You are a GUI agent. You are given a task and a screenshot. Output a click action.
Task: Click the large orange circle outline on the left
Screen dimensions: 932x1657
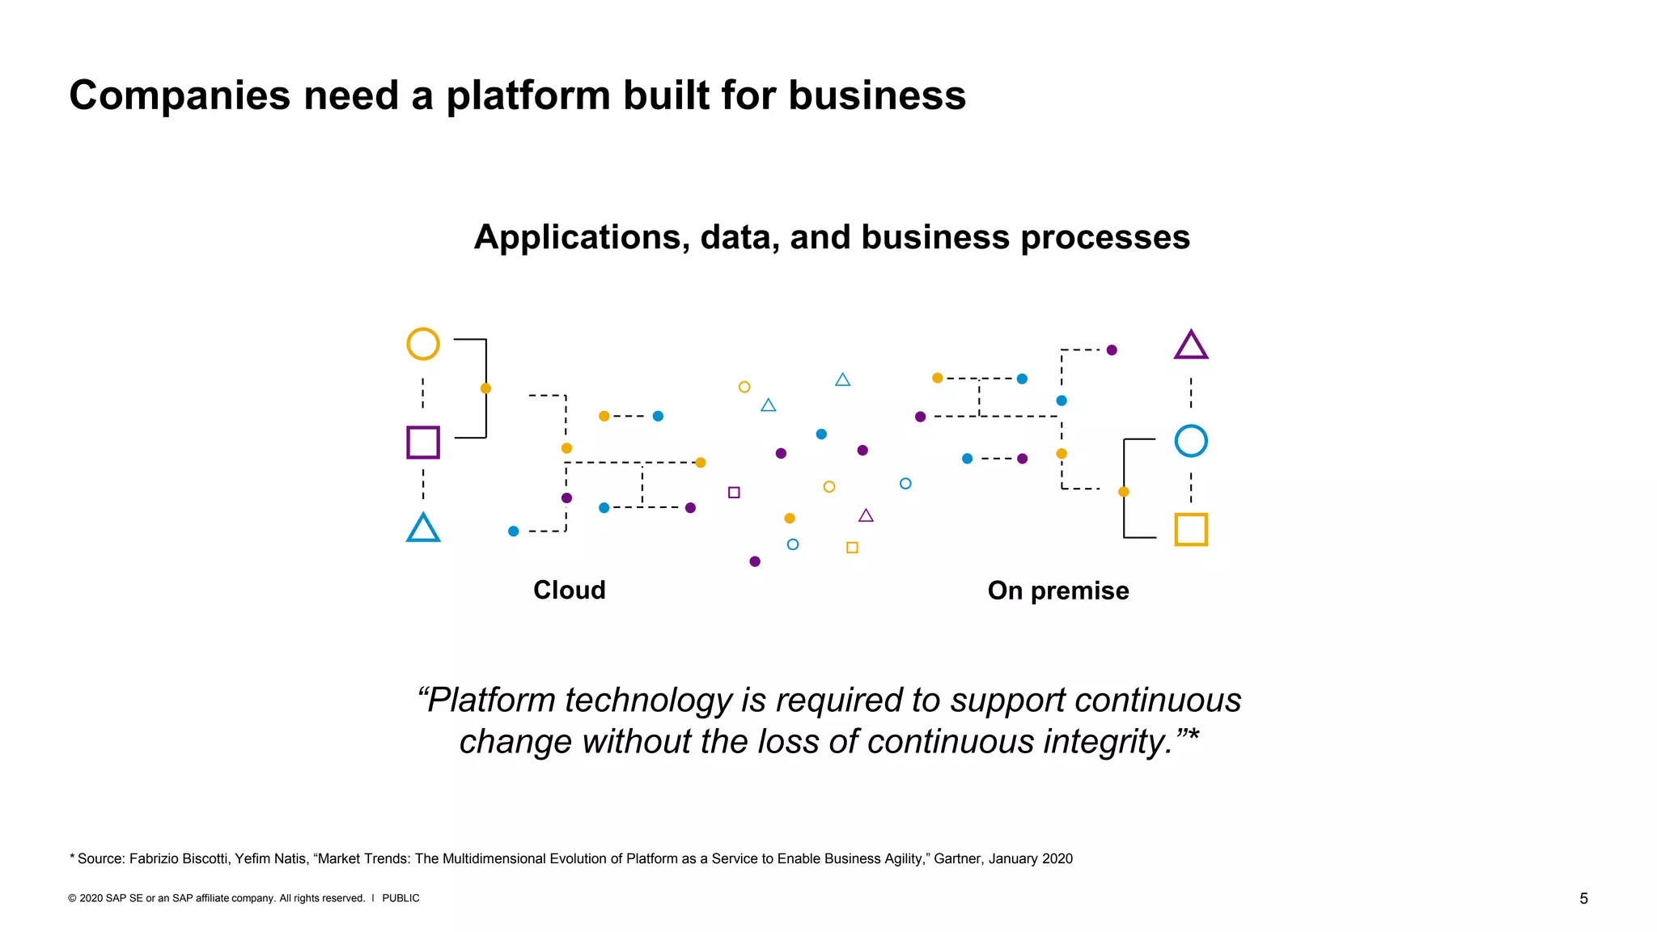point(422,344)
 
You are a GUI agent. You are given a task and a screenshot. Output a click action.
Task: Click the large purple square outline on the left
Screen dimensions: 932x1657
point(422,443)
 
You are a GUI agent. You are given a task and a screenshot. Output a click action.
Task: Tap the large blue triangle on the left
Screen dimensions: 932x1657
point(422,529)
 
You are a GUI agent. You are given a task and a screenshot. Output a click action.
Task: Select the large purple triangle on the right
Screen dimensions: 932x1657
point(1190,346)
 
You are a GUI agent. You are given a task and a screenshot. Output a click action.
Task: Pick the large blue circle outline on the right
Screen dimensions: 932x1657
point(1190,441)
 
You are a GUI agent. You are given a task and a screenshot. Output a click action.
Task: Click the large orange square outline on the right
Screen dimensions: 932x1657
point(1190,529)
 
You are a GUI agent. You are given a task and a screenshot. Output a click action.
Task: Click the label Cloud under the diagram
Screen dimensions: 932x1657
point(569,590)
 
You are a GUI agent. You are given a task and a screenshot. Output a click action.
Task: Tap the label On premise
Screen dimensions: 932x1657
point(1057,591)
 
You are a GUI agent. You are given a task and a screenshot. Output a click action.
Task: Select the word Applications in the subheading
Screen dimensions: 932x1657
point(581,238)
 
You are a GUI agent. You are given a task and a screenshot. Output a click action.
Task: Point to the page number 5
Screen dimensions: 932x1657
point(1583,898)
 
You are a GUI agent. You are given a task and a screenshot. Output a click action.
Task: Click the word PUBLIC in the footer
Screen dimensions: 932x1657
point(400,898)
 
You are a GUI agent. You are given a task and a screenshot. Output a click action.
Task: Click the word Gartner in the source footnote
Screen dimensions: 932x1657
point(959,858)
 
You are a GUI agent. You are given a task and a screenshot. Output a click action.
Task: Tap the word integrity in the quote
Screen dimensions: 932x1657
point(1106,741)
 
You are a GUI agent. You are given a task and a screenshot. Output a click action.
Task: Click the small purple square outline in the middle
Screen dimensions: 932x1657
point(734,492)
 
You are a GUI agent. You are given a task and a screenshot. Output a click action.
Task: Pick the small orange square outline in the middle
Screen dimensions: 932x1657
point(852,548)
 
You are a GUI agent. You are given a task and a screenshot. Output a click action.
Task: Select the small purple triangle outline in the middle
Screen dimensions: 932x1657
point(866,516)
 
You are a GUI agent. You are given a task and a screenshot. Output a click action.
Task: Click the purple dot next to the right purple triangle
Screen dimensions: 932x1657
point(1112,350)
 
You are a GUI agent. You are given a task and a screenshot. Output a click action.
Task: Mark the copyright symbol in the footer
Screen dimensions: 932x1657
point(72,898)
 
